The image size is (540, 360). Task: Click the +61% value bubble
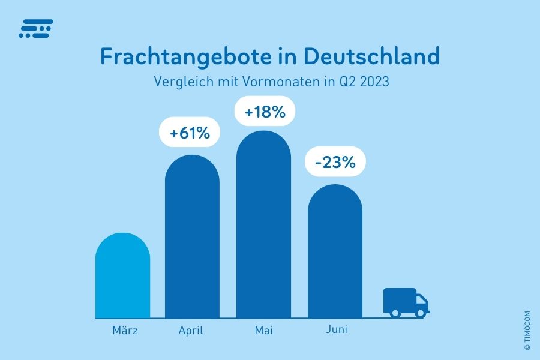coord(190,133)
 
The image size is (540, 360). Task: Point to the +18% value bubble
coord(265,112)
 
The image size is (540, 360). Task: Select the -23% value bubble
coord(335,162)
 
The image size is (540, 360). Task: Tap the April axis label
coord(191,331)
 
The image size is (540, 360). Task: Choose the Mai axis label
coord(263,330)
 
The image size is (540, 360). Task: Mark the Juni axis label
coord(336,329)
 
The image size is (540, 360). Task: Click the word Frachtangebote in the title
coord(194,57)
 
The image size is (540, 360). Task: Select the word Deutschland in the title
coord(372,56)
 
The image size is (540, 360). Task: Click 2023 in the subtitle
coord(376,82)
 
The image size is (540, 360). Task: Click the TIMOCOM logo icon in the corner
coord(36,28)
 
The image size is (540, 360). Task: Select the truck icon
coord(406,301)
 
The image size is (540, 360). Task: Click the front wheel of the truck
coord(421,313)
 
